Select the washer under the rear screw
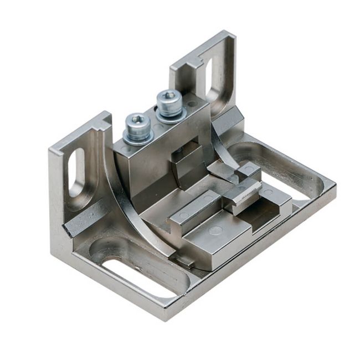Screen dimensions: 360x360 click(171, 115)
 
